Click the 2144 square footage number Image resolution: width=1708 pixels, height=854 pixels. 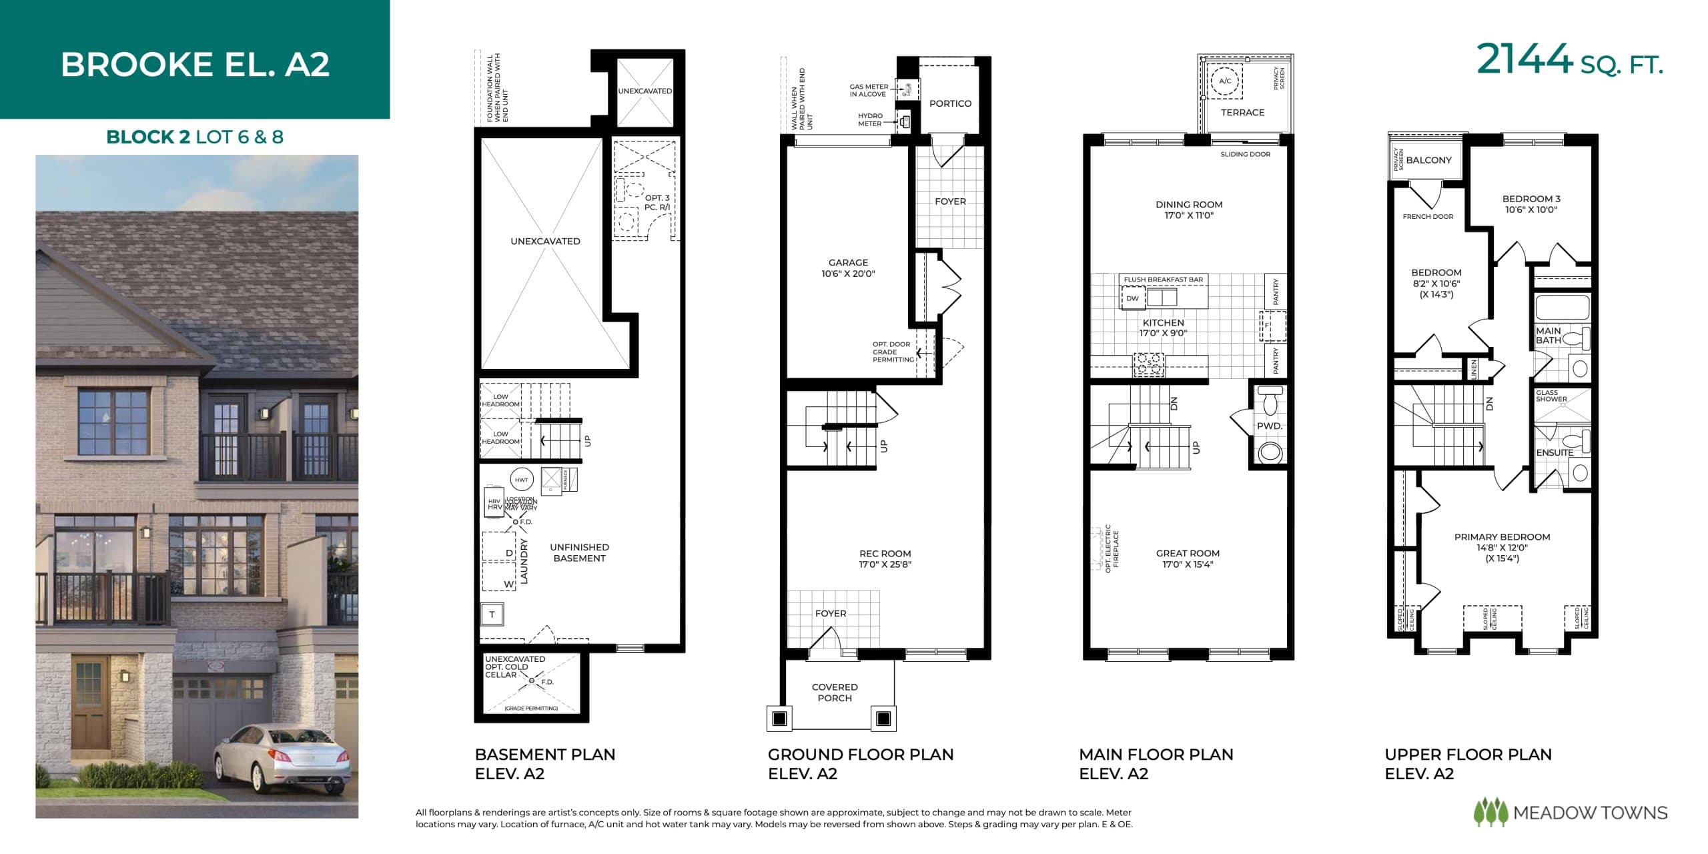tap(1524, 60)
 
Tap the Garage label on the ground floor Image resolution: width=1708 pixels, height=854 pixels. tap(848, 262)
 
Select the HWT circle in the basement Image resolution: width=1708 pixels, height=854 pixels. tap(521, 480)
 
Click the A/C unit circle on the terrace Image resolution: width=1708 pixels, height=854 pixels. tap(1225, 81)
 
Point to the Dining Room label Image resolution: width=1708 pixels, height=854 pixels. tap(1189, 205)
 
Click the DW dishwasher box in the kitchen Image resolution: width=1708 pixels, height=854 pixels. tap(1132, 298)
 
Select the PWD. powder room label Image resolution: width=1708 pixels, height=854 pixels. tap(1269, 426)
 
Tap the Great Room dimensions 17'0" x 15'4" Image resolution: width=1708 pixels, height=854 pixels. tap(1188, 564)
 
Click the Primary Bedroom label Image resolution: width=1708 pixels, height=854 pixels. tap(1502, 537)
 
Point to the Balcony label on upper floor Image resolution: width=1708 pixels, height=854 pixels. tap(1428, 160)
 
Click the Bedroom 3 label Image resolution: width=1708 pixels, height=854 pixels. tap(1531, 199)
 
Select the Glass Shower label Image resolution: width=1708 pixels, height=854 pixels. tap(1551, 396)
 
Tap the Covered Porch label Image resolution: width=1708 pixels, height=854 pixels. tap(835, 692)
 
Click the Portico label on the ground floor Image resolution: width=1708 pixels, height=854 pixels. tap(950, 103)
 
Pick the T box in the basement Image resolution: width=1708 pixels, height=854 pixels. tap(492, 614)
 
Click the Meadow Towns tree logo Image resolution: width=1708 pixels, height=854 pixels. tap(1490, 812)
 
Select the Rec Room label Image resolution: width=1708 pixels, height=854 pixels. tap(885, 553)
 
